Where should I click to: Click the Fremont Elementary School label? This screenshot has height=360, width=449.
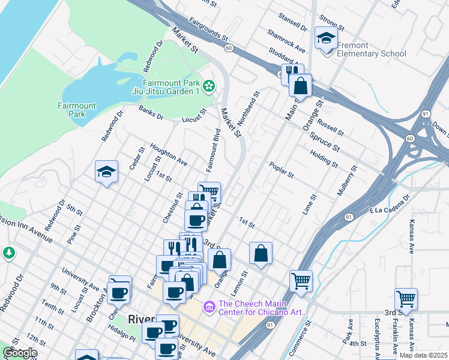pos(371,49)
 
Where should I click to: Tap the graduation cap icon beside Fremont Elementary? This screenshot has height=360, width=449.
pos(325,38)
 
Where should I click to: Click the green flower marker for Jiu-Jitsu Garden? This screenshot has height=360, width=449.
pos(208,87)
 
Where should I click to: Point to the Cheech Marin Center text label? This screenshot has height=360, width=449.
pos(263,308)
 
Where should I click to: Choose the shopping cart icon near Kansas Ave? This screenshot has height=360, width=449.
pos(406,298)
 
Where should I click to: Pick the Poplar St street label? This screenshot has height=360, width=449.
pos(281,170)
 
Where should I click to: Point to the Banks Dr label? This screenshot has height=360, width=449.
pos(151,113)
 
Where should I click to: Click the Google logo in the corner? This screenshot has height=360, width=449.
pos(19,353)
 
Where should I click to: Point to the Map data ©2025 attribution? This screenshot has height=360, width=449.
pos(424,355)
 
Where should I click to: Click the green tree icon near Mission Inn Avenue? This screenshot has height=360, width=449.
pos(8,253)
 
